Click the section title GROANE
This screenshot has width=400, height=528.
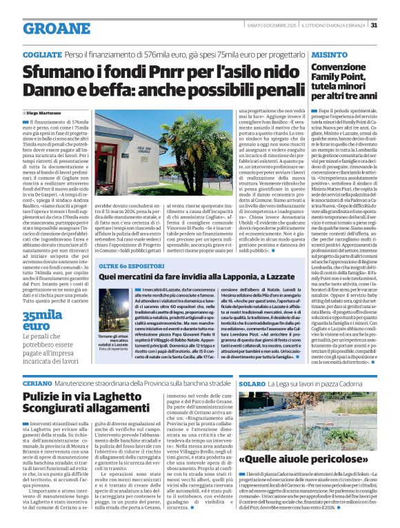point(51,28)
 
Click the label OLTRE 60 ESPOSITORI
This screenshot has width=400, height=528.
point(130,265)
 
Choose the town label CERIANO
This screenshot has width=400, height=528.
point(37,382)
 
